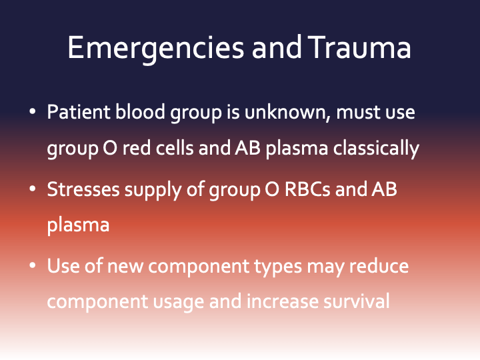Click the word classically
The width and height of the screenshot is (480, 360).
coord(377,148)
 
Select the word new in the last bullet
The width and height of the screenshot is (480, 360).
coord(126,267)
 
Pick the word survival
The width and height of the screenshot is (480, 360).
coord(357,301)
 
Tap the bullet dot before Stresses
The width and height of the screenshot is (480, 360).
coord(32,190)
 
